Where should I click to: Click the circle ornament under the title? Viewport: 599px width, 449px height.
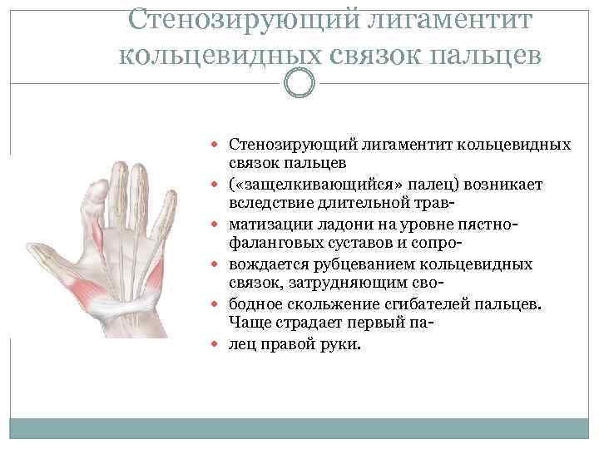tap(299, 82)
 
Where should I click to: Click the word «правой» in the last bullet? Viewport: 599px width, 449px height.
tap(288, 344)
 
